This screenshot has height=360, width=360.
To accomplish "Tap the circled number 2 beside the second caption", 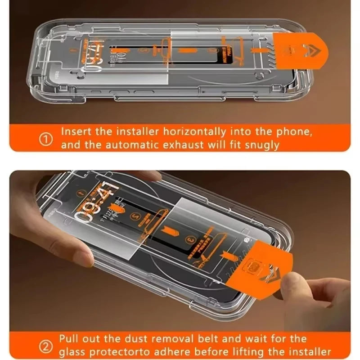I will tap(46, 346).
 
